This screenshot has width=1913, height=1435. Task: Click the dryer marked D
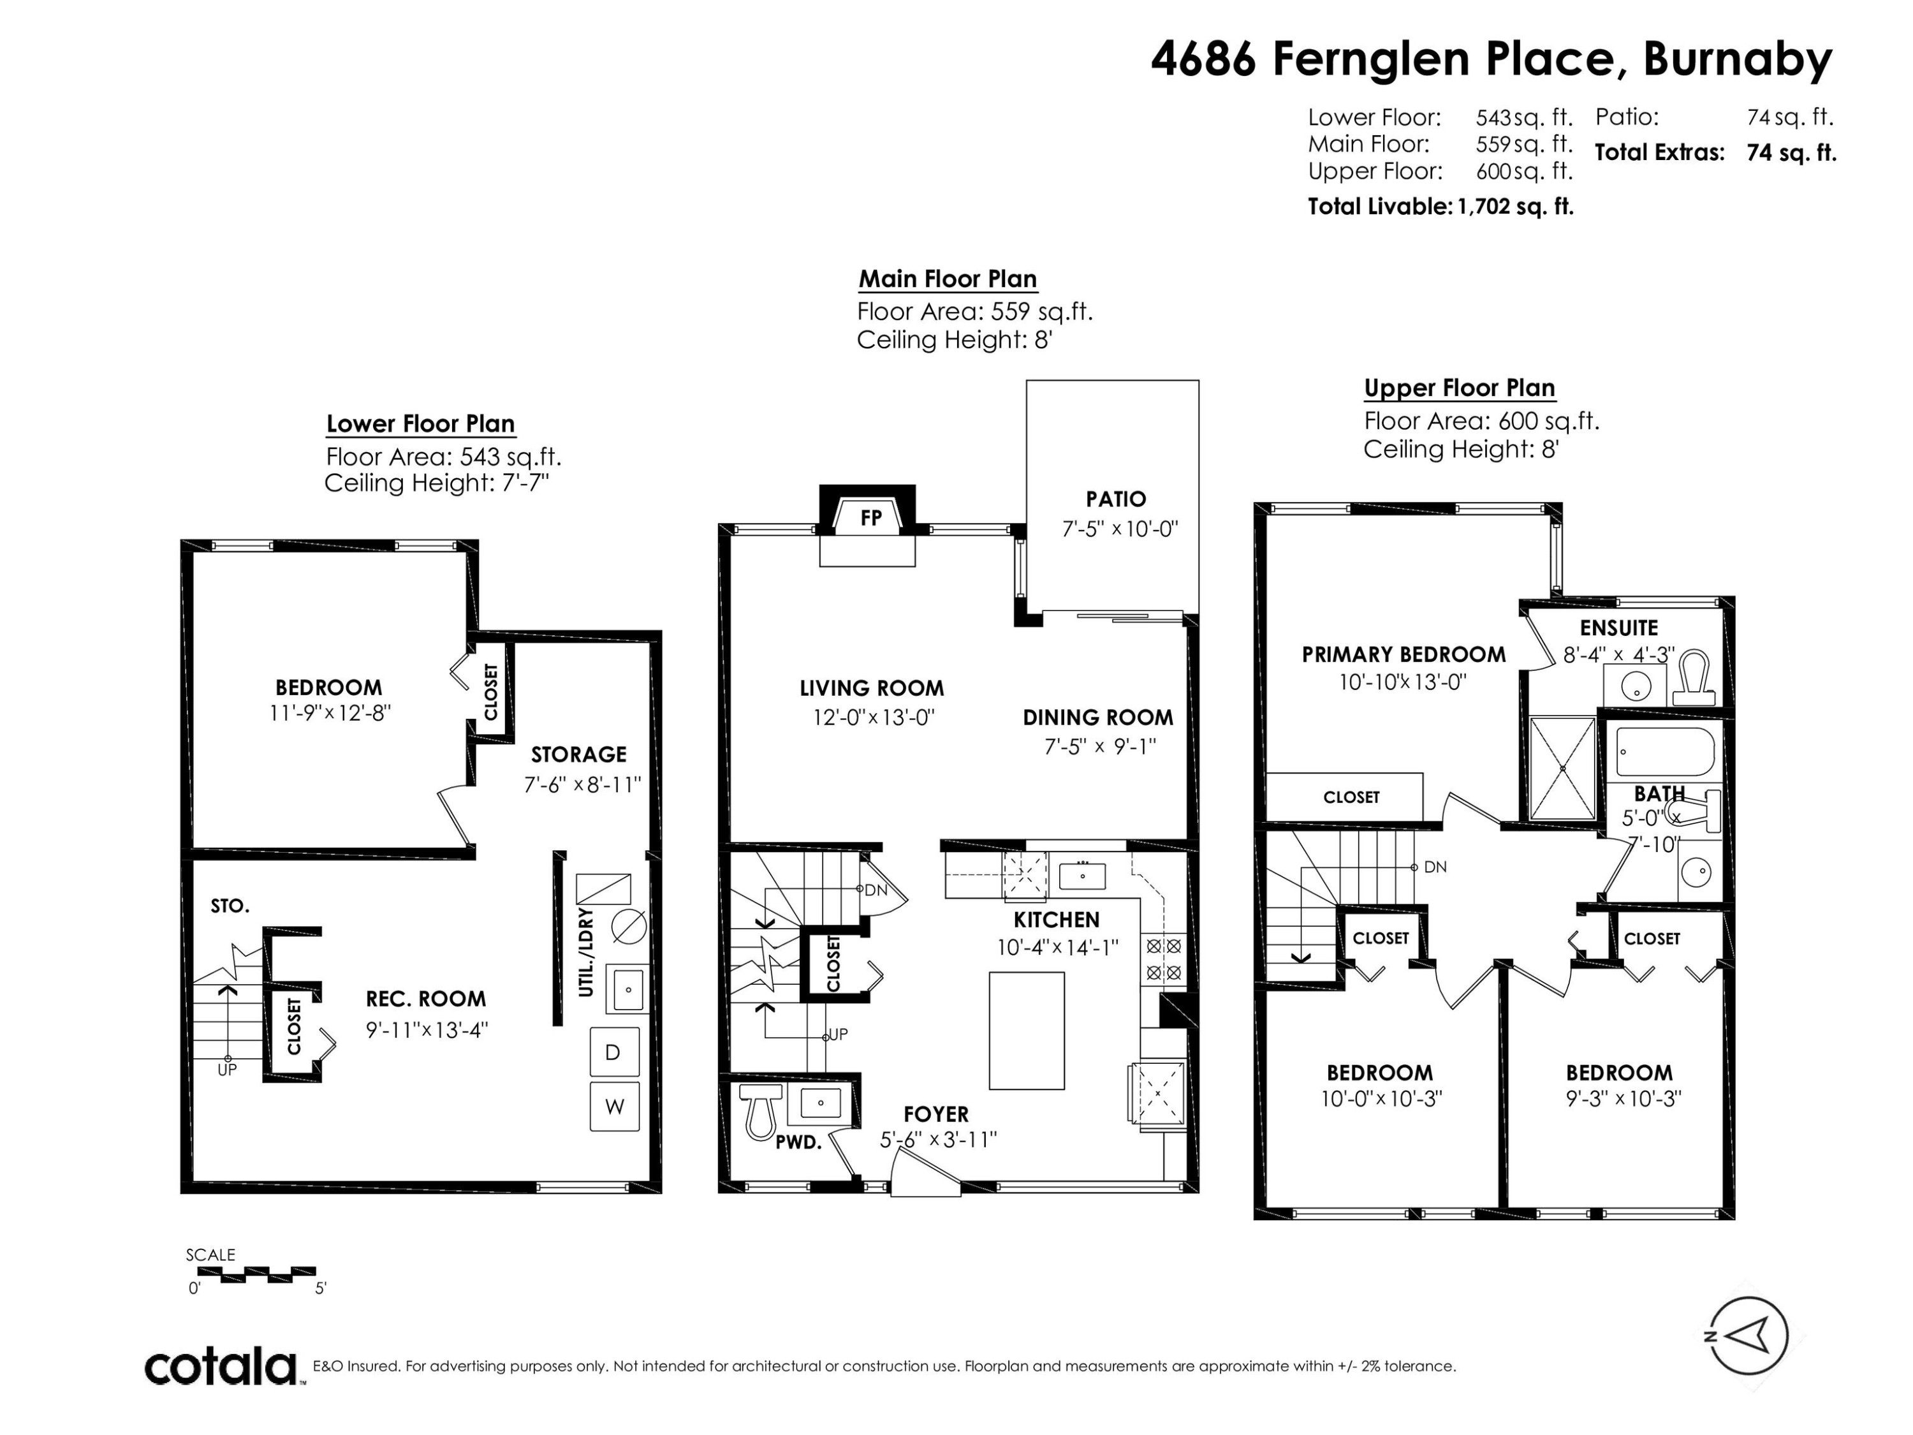614,1052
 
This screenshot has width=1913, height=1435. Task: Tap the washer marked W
614,1107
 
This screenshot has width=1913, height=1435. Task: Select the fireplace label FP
871,517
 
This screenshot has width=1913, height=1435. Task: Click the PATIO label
1116,499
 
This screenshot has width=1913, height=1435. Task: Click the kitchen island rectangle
1027,1030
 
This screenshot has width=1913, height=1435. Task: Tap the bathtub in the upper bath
1665,752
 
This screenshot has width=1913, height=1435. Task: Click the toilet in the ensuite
1697,680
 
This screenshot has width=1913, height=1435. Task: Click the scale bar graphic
256,1274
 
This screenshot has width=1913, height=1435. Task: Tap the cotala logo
221,1367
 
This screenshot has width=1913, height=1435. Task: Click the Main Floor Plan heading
947,279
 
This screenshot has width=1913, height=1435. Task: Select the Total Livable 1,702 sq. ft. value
1515,207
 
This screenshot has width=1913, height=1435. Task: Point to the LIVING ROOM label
871,689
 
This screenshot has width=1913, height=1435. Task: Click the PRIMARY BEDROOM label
1404,655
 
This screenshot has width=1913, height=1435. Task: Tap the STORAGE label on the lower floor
578,754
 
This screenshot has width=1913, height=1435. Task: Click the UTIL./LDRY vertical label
587,952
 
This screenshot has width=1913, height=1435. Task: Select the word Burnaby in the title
1738,60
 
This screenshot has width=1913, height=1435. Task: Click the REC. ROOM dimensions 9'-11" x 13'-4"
427,1029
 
